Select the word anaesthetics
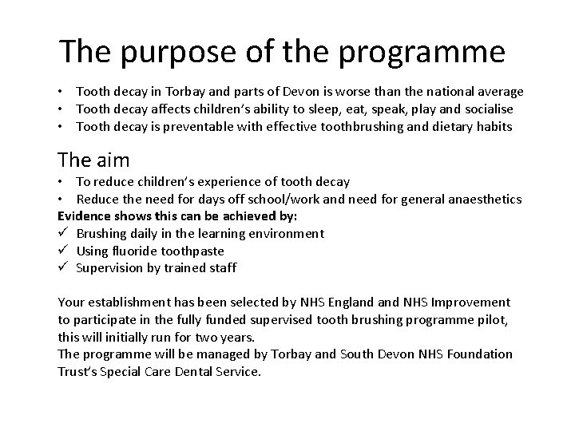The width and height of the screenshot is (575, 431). click(481, 200)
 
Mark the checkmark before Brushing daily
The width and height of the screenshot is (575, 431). click(63, 233)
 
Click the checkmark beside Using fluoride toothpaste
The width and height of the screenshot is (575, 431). click(63, 251)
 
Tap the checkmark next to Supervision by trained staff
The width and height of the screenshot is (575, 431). click(63, 267)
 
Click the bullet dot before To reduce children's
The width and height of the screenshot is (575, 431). click(62, 183)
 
